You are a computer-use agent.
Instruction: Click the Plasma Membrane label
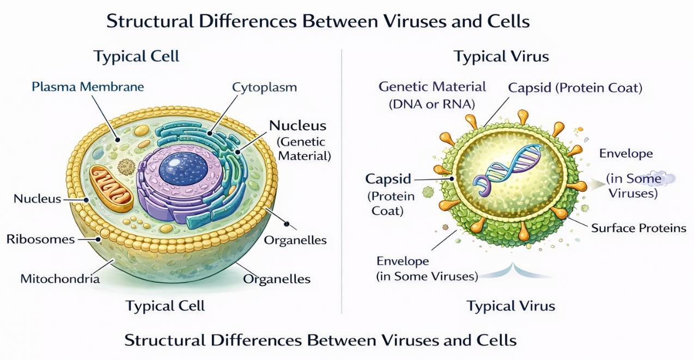(87, 87)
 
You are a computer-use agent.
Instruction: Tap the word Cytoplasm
(264, 87)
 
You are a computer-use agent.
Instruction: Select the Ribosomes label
(40, 239)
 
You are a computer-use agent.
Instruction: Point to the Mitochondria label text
(60, 279)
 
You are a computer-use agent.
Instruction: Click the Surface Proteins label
(638, 228)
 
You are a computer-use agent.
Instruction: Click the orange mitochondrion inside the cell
(111, 188)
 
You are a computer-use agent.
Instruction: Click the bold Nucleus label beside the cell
(297, 125)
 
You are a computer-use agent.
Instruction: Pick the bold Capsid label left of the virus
(388, 179)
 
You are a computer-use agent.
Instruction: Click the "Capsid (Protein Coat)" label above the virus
(575, 88)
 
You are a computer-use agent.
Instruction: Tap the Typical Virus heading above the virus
(501, 57)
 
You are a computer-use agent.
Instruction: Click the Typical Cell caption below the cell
(165, 306)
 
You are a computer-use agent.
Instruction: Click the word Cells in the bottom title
(495, 340)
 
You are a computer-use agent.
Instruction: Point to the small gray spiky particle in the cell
(127, 166)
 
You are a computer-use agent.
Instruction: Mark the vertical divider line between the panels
(342, 180)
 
